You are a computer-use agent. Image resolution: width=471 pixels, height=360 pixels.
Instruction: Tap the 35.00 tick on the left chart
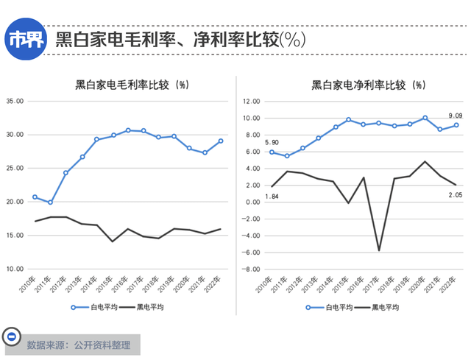click(15, 101)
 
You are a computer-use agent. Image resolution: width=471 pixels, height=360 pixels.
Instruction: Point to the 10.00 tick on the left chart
click(15, 269)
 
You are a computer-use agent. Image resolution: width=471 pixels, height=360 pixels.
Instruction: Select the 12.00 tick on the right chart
click(252, 101)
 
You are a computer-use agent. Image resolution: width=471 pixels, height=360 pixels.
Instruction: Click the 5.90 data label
click(272, 142)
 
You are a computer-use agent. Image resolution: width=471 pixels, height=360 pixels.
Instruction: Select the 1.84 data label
click(272, 197)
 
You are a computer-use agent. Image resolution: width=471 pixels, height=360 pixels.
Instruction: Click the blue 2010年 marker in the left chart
click(35, 197)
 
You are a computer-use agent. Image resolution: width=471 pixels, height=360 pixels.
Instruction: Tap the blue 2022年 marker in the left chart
click(220, 141)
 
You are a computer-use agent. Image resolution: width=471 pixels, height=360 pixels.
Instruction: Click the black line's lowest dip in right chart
click(380, 250)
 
